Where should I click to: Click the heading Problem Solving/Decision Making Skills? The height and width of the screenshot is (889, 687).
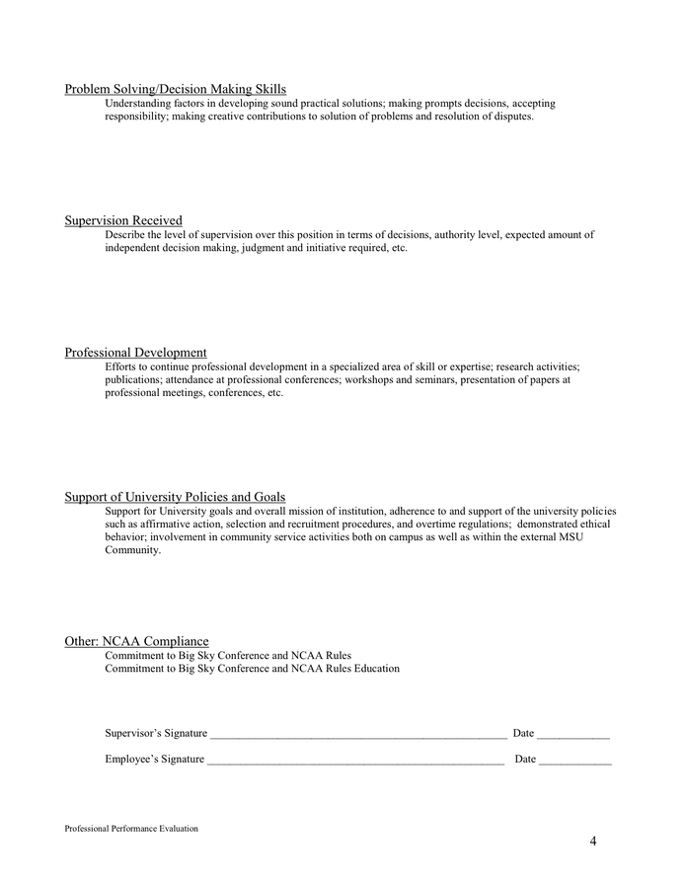(x=175, y=90)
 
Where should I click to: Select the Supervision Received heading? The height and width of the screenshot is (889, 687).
(x=123, y=220)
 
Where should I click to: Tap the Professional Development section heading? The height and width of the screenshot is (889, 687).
(x=135, y=353)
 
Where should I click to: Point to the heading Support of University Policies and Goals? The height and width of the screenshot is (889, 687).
(x=175, y=497)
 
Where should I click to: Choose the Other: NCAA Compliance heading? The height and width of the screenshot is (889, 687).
(x=136, y=641)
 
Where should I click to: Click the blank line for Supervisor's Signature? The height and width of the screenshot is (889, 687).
(x=357, y=735)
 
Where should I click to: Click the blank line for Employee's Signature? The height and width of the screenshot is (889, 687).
(x=355, y=761)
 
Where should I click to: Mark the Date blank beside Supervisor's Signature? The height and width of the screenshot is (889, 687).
(x=573, y=735)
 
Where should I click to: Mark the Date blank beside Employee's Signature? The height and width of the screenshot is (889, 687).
(x=575, y=761)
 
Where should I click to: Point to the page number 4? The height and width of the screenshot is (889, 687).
(x=593, y=842)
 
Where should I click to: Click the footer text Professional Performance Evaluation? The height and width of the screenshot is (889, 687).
(x=131, y=829)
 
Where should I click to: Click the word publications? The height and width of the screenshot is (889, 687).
(x=133, y=379)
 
